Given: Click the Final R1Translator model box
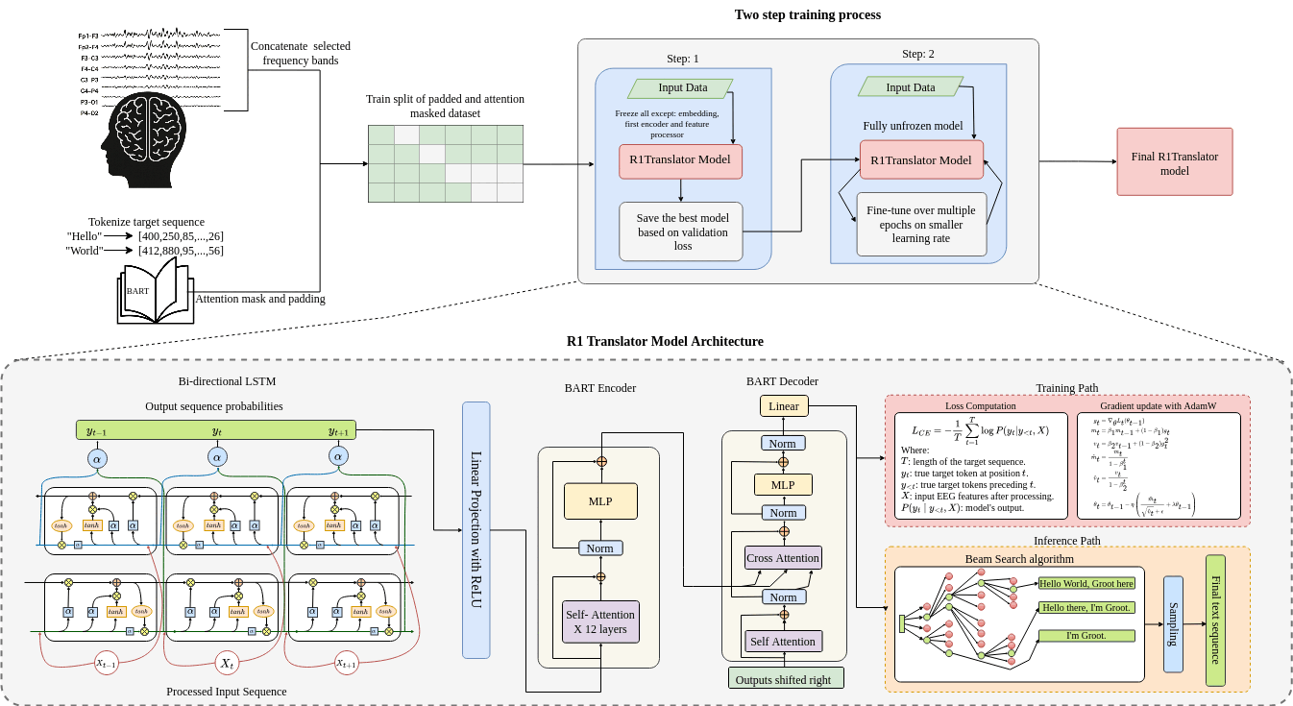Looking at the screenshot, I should coord(1174,162).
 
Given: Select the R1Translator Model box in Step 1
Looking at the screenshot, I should coord(680,160).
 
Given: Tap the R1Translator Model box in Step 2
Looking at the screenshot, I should coord(921,159).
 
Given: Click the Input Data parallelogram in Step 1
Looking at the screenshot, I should coord(680,88).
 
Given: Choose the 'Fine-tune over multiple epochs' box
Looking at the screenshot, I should coord(921,224).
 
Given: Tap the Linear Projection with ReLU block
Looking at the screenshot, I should coord(476,529).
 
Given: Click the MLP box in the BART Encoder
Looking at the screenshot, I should coord(600,501).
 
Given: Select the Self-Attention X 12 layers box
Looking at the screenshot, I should coord(600,621).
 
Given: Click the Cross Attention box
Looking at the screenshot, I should coord(783,557).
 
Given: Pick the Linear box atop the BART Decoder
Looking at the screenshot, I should coord(784,406).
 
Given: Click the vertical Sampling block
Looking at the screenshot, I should coord(1173,623).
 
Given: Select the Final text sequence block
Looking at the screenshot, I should coord(1215,620).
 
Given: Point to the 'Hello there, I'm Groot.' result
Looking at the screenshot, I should coord(1086,607).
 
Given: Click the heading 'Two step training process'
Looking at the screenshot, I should coord(807,14).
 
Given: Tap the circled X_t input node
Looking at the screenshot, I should coord(227,663).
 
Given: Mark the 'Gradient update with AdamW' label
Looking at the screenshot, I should coord(1158,406).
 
